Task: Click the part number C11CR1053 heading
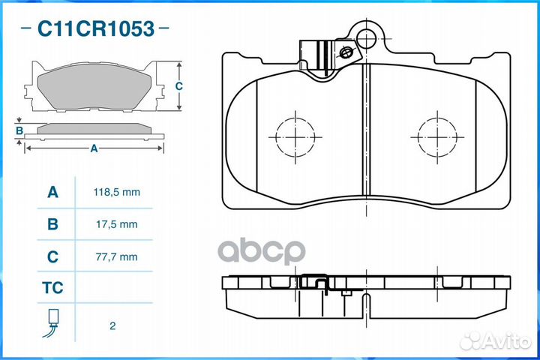coord(96,28)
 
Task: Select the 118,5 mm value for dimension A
coord(117,192)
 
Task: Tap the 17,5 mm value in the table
coord(117,224)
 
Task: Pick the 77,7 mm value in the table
coord(117,257)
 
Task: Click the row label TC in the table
coord(52,288)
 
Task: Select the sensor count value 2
coord(112,326)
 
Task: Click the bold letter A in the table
coord(52,192)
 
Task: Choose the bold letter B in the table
coord(52,224)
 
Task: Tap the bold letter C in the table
coord(52,256)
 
